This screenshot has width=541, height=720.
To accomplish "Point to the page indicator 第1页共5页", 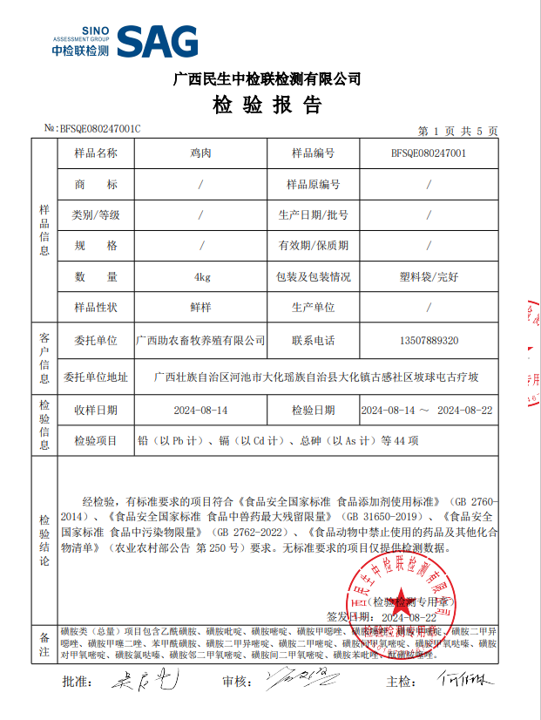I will [x=457, y=131].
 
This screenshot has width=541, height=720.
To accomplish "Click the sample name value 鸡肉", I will [x=201, y=153].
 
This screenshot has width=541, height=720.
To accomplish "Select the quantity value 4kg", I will [x=202, y=276].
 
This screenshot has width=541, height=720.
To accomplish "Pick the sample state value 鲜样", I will [x=201, y=308].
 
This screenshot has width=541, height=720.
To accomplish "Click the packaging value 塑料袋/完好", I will [x=429, y=276].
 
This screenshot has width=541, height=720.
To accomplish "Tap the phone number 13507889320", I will [x=429, y=340].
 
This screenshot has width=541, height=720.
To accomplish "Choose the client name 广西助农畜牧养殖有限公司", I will [x=201, y=340].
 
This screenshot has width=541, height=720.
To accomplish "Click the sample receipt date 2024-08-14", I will [x=201, y=410].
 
